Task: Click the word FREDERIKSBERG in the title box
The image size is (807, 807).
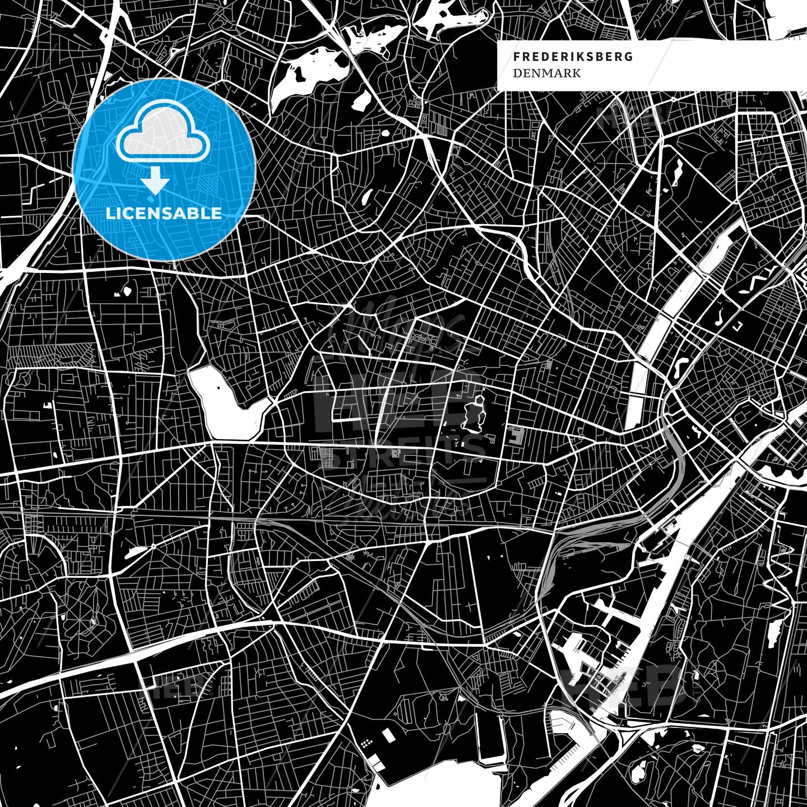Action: tap(573, 57)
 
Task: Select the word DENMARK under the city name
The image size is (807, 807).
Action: tap(539, 73)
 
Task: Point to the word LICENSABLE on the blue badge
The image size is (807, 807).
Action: tap(164, 214)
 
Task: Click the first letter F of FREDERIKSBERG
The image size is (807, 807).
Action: tap(516, 57)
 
